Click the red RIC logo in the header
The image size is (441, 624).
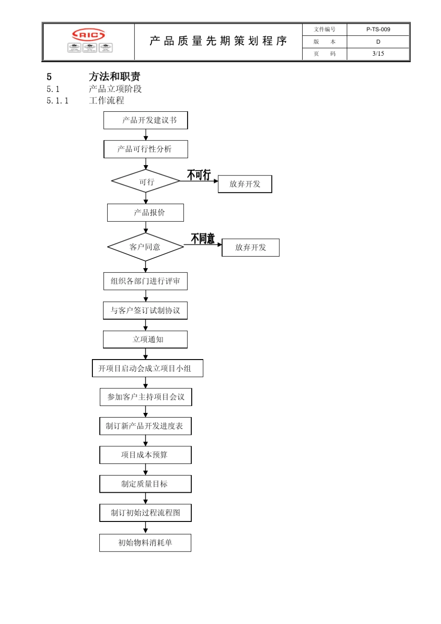[x=89, y=35]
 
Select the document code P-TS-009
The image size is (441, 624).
[x=378, y=29]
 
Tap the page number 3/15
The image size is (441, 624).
[x=378, y=53]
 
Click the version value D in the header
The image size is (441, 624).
[x=378, y=42]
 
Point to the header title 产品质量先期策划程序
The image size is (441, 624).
[x=218, y=41]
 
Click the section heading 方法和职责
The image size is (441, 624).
[x=114, y=77]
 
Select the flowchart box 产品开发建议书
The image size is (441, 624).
[x=146, y=120]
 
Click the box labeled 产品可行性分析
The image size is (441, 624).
[x=146, y=149]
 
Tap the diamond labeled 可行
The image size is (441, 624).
[x=146, y=181]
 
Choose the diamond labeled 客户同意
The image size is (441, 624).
[x=145, y=247]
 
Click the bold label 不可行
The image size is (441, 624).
[x=199, y=175]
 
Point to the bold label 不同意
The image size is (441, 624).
[x=203, y=238]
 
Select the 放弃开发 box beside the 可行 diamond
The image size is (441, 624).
[x=245, y=184]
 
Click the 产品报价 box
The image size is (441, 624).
[x=145, y=212]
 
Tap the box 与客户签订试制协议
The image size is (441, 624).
[x=145, y=310]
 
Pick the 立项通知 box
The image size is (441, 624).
[x=145, y=339]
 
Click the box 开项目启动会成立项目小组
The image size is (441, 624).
[x=148, y=368]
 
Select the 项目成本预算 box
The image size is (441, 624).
[x=145, y=455]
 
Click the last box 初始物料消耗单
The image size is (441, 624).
[x=145, y=542]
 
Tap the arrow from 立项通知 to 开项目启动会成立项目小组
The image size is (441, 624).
[x=145, y=354]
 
